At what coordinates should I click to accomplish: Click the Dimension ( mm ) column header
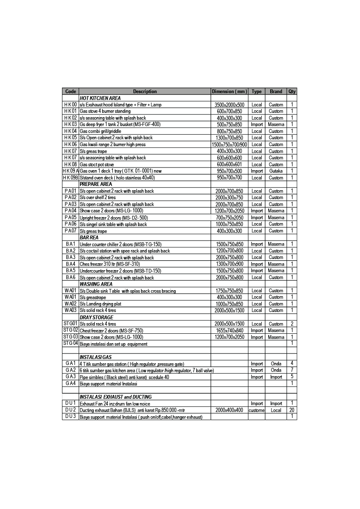coord(230,91)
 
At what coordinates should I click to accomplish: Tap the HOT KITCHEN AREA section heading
coord(100,98)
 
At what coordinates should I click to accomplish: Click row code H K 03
coord(71,124)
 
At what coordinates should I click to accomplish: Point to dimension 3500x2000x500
coord(230,105)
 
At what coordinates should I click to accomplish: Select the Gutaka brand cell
coord(276,171)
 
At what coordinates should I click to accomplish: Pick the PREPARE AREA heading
coord(96,184)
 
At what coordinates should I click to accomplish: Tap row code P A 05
coord(71,218)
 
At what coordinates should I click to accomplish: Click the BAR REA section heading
coord(89,237)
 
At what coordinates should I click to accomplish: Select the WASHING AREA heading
coord(96,284)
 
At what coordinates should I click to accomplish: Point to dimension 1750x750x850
coord(230,291)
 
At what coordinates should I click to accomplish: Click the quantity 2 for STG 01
coord(292,324)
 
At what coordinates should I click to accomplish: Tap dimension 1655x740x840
coord(230,330)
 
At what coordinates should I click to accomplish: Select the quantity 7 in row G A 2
coord(292,370)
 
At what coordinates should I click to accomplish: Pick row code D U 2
coord(71,410)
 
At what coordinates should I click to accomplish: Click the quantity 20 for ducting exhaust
coord(292,410)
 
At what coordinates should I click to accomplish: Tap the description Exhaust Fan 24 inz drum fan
coord(115,403)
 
